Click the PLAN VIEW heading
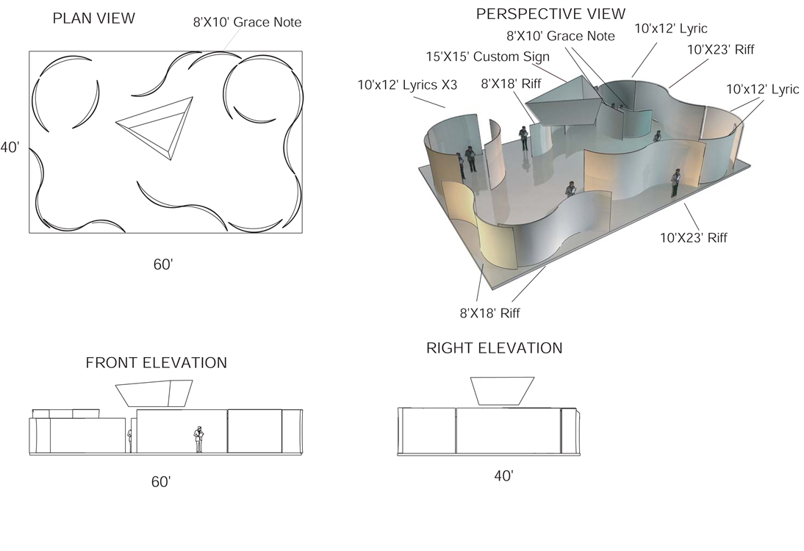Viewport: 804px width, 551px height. pyautogui.click(x=94, y=18)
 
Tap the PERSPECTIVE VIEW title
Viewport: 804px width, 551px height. pyautogui.click(x=550, y=14)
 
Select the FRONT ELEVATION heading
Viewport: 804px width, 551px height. pyautogui.click(x=157, y=363)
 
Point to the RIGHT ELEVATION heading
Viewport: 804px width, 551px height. pyautogui.click(x=495, y=348)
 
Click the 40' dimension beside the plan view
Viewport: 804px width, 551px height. pyautogui.click(x=10, y=148)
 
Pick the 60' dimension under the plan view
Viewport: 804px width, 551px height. pyautogui.click(x=163, y=264)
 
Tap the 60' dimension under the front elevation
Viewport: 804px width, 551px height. pyautogui.click(x=160, y=482)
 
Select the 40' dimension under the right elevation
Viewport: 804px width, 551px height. pyautogui.click(x=503, y=476)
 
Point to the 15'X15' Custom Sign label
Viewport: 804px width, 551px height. pyautogui.click(x=488, y=57)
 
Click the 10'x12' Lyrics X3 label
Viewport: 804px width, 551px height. pyautogui.click(x=407, y=84)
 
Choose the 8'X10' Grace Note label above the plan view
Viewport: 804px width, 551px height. pyautogui.click(x=247, y=22)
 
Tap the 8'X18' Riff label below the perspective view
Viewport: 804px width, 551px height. pyautogui.click(x=489, y=313)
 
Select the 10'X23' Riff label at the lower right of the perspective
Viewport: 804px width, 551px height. pyautogui.click(x=693, y=238)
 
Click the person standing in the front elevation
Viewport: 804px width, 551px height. pyautogui.click(x=198, y=439)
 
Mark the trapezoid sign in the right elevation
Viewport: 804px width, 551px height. pyautogui.click(x=503, y=392)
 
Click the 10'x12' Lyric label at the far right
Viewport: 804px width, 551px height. pyautogui.click(x=762, y=89)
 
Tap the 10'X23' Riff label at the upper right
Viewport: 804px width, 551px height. pyautogui.click(x=720, y=50)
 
